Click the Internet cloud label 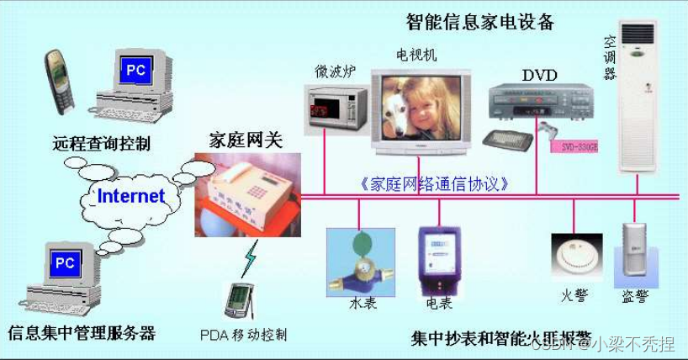tap(132, 196)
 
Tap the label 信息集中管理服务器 tap(81, 333)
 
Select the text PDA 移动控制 tap(243, 335)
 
